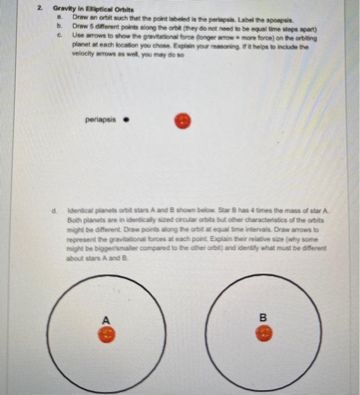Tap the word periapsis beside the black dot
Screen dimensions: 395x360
tap(100, 120)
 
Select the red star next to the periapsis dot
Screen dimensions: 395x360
tap(182, 120)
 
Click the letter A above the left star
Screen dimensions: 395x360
tap(105, 320)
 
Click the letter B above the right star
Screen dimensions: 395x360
tap(262, 318)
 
